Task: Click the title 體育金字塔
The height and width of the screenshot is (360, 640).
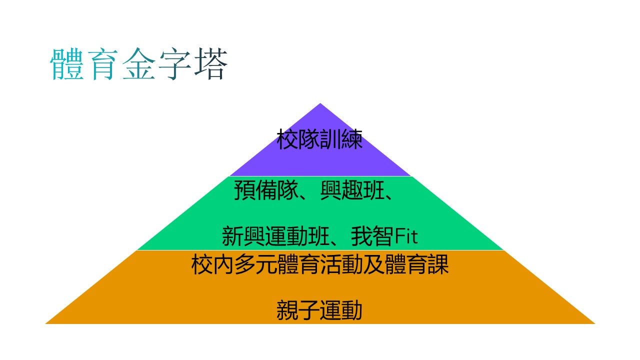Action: coord(139,63)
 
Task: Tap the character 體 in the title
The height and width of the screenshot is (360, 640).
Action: coord(67,63)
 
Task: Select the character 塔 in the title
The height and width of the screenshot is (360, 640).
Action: coord(211,63)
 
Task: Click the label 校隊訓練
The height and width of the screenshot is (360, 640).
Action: coord(319,139)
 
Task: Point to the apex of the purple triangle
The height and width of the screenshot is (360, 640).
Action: coord(320,103)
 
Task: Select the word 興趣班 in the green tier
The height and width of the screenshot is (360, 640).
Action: coord(352,190)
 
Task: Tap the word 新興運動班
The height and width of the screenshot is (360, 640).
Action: coord(275,236)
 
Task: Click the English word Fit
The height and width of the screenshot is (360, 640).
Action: coord(406,236)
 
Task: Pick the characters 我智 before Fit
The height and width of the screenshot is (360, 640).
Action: coord(372,236)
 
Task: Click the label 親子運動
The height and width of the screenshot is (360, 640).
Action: coord(319,310)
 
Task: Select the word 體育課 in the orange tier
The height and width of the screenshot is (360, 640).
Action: coord(417,264)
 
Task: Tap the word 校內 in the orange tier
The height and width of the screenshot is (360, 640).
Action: coord(212,264)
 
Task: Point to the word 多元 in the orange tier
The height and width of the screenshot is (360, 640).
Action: coord(255,264)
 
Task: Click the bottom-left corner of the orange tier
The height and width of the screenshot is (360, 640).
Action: coord(45,323)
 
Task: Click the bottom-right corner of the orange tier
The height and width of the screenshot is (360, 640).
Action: coord(595,323)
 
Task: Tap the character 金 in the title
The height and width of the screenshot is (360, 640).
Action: coord(139,63)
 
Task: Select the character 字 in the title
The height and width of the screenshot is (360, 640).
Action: coord(175,63)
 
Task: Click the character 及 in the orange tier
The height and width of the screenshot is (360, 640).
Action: coord(374,264)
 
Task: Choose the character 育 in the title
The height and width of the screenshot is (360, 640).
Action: coord(103,63)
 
